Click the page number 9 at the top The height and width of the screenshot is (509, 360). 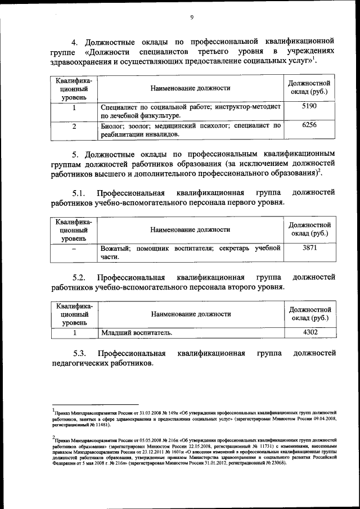(192, 17)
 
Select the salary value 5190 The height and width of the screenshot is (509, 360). (309, 106)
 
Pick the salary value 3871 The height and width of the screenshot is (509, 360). (310, 247)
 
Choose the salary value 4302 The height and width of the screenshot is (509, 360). (310, 332)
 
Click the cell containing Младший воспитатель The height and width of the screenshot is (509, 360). (137, 333)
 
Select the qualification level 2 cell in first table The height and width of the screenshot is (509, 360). (74, 126)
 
